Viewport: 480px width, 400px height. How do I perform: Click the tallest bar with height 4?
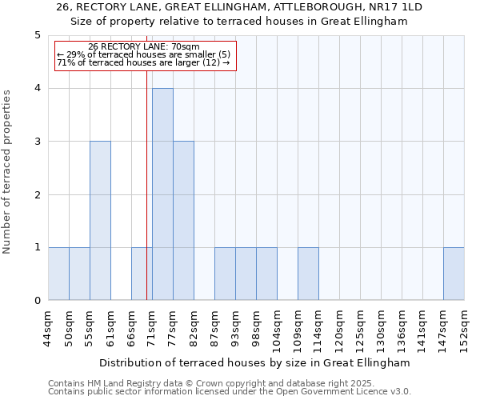point(162,194)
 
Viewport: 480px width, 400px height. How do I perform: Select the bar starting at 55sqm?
point(100,221)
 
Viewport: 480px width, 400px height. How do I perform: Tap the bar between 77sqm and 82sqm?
point(183,221)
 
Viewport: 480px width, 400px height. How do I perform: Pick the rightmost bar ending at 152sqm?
point(454,274)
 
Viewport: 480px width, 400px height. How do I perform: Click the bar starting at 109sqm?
point(308,274)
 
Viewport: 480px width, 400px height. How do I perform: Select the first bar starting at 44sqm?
point(58,274)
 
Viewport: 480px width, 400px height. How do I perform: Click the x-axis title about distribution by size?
point(256,362)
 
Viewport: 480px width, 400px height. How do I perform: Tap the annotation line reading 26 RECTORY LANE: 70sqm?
point(144,47)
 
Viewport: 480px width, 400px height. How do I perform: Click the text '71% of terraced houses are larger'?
point(144,62)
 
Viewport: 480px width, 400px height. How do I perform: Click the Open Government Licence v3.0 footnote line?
point(230,392)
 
